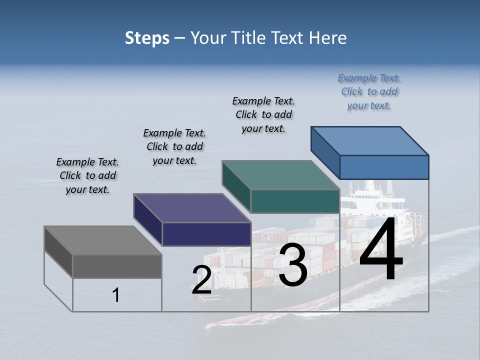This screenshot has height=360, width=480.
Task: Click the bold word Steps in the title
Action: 147,38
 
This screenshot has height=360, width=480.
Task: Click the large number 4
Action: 381,249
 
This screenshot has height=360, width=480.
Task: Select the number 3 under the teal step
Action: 293,265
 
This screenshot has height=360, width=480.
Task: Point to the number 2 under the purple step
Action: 202,280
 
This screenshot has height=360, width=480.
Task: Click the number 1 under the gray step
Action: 116,295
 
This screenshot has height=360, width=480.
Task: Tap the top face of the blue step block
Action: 369,140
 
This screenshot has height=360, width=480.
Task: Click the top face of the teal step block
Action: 280,175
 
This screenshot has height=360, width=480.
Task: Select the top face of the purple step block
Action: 191,208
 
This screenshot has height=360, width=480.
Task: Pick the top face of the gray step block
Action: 102,240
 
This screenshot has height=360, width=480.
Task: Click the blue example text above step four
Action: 369,92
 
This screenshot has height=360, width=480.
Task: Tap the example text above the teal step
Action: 263,114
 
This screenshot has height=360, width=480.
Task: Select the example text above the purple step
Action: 174,146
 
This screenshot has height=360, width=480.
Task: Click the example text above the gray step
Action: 87,175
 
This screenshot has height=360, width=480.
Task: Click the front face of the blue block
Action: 384,167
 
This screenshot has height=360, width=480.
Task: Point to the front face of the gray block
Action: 117,266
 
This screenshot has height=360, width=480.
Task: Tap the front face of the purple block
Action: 206,234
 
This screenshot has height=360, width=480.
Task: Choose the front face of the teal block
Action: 295,201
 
